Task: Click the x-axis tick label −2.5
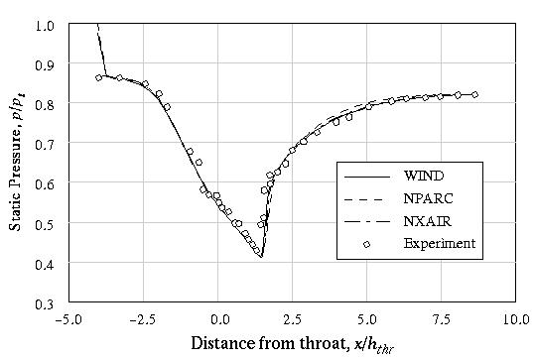pos(145,320)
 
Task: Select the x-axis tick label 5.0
pos(366,320)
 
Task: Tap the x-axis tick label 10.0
pos(513,320)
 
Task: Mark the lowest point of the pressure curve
pos(261,256)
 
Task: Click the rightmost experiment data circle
pos(475,95)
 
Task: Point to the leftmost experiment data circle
pos(99,77)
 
